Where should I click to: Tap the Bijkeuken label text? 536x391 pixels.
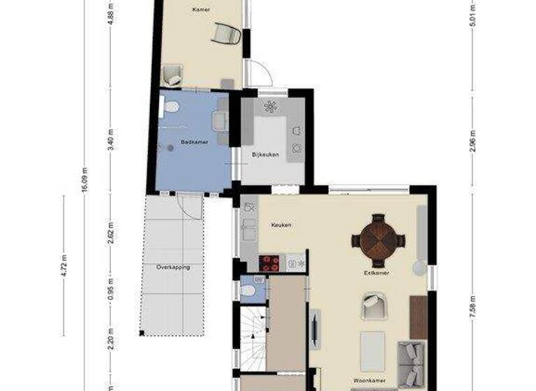tap(265, 154)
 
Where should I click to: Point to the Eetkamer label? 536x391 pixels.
tap(377, 273)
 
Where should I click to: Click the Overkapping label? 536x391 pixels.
tap(173, 267)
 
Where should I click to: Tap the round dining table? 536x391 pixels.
tap(378, 240)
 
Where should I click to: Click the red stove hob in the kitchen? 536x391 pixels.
tap(269, 263)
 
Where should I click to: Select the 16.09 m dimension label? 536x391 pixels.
tap(85, 179)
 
